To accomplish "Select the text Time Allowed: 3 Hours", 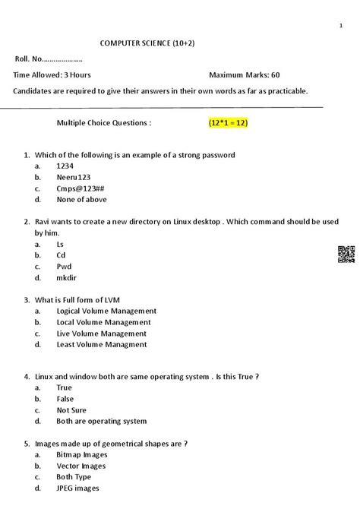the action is tap(52, 75).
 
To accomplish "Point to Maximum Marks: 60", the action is tap(244, 75).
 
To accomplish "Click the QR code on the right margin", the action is tap(346, 255).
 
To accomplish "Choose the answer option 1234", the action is tap(65, 166).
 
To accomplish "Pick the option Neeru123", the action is tap(73, 177).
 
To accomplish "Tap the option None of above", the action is tap(81, 200).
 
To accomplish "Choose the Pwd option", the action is tap(64, 267).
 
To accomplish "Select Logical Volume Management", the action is tap(106, 311).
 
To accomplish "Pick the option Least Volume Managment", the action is tap(102, 344).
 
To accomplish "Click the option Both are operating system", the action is tap(101, 422).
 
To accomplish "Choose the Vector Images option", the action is tap(81, 466).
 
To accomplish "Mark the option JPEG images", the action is tap(77, 488).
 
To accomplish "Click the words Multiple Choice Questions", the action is tap(104, 122).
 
